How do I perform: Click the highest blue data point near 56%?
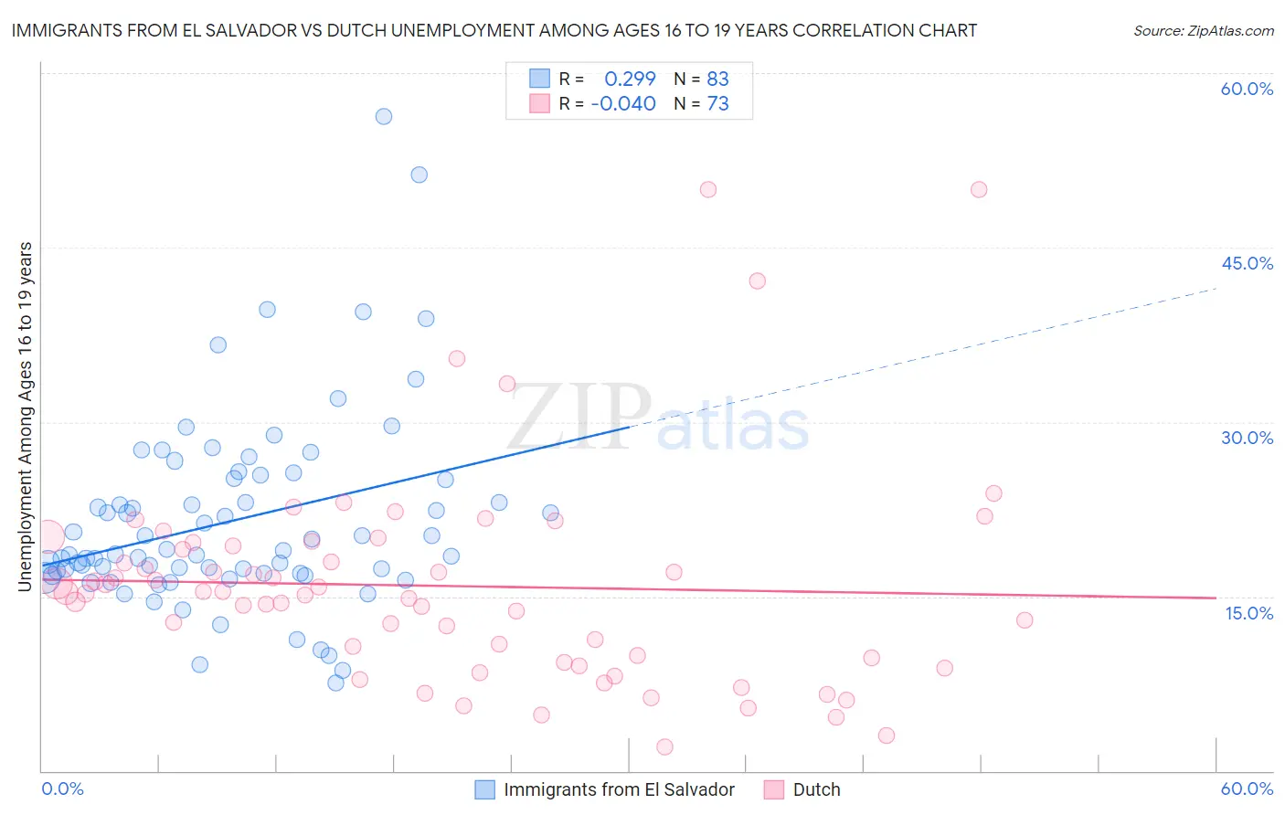coord(384,116)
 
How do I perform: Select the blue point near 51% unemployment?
coord(419,175)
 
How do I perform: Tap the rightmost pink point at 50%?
coord(979,190)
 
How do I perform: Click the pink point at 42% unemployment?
coord(758,280)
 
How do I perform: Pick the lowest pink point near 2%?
coord(664,747)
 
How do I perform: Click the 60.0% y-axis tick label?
coord(1247,89)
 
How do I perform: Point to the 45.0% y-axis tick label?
coord(1247,263)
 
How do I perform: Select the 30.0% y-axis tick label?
coord(1247,438)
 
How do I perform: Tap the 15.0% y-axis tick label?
coord(1248,613)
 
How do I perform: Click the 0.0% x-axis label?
coord(62,789)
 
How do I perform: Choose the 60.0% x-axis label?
coord(1247,789)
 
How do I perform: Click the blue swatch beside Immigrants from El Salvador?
coord(485,789)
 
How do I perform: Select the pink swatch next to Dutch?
coord(774,789)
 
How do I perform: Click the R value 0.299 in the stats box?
coord(630,79)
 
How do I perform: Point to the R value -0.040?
coord(623,103)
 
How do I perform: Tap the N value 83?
coord(717,79)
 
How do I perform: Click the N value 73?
coord(717,103)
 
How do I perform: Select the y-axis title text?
coord(26,416)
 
